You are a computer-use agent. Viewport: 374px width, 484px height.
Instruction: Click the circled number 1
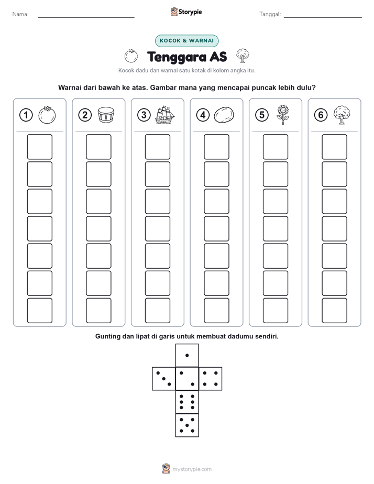(x=26, y=115)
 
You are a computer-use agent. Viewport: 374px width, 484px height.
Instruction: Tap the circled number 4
(x=203, y=115)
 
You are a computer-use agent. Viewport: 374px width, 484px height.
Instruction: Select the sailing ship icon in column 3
(x=165, y=115)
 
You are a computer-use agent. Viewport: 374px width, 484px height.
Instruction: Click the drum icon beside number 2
(x=106, y=115)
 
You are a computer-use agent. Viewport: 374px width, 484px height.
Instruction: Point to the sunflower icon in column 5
(x=283, y=115)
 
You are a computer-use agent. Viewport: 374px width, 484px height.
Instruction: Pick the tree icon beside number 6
(x=342, y=115)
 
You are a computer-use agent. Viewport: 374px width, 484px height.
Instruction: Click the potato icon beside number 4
(x=224, y=115)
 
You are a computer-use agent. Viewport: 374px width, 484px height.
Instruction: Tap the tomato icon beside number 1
(x=47, y=115)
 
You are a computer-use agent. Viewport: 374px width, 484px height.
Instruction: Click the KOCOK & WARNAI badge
(x=186, y=41)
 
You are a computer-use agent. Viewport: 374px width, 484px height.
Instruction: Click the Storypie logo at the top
(x=186, y=12)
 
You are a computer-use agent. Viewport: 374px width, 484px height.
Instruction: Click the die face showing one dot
(x=187, y=356)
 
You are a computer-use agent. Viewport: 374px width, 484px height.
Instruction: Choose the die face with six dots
(x=187, y=402)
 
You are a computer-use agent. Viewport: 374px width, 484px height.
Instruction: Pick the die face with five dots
(x=187, y=425)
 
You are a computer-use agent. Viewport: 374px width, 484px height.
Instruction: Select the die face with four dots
(x=211, y=379)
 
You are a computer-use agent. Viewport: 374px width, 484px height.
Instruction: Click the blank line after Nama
(x=86, y=17)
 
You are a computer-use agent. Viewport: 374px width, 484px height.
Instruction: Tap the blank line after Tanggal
(x=323, y=17)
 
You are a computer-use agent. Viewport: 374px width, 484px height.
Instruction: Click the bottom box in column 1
(x=40, y=311)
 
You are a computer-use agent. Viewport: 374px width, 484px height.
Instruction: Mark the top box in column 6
(x=335, y=147)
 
